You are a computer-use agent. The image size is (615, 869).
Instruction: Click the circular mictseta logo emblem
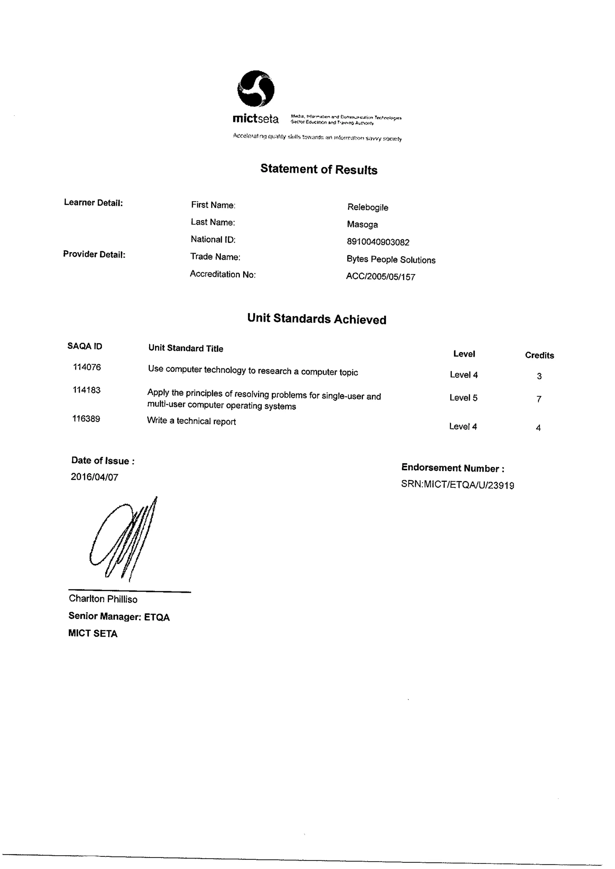pyautogui.click(x=256, y=89)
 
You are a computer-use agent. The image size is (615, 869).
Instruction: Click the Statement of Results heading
pyautogui.click(x=319, y=169)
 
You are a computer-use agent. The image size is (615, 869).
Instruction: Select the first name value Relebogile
pyautogui.click(x=368, y=207)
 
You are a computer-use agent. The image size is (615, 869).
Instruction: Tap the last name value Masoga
pyautogui.click(x=362, y=224)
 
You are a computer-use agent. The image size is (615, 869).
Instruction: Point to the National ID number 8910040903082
pyautogui.click(x=378, y=242)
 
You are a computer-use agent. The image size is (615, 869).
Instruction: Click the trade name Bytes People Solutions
pyautogui.click(x=391, y=260)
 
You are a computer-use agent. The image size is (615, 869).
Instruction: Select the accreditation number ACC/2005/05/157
pyautogui.click(x=380, y=277)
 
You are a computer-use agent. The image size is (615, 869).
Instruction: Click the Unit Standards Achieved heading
pyautogui.click(x=317, y=319)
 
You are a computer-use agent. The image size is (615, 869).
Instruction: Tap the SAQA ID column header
pyautogui.click(x=85, y=346)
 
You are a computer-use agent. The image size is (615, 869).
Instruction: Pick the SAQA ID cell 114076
pyautogui.click(x=87, y=367)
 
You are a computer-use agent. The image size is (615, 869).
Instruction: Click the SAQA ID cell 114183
pyautogui.click(x=86, y=390)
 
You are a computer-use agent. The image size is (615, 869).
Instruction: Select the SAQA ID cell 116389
pyautogui.click(x=86, y=419)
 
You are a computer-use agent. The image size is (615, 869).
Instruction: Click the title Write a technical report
pyautogui.click(x=191, y=421)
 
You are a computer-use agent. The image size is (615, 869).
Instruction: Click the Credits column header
pyautogui.click(x=539, y=355)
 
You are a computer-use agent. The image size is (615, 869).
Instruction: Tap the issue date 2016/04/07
pyautogui.click(x=94, y=477)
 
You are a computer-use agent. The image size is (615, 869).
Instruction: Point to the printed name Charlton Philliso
pyautogui.click(x=103, y=599)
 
